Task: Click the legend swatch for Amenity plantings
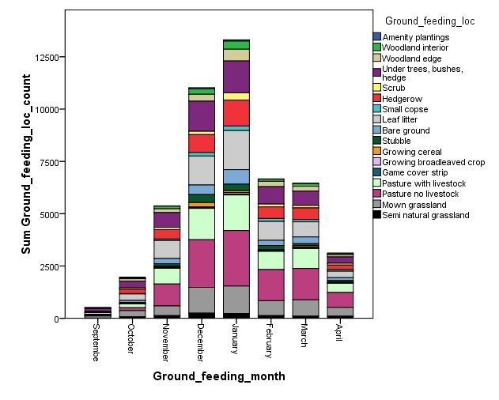tap(377, 37)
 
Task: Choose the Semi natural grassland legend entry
tap(425, 215)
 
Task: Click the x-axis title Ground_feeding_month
tap(218, 376)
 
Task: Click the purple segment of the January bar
tap(236, 77)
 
